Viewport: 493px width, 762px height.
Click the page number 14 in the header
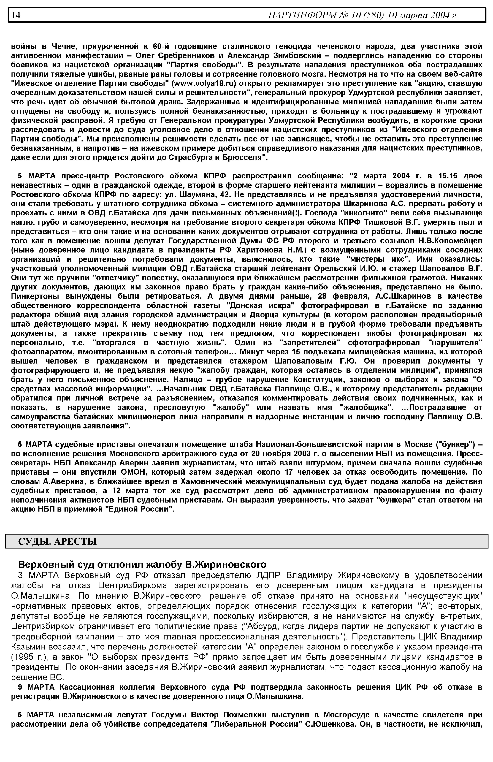click(16, 15)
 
